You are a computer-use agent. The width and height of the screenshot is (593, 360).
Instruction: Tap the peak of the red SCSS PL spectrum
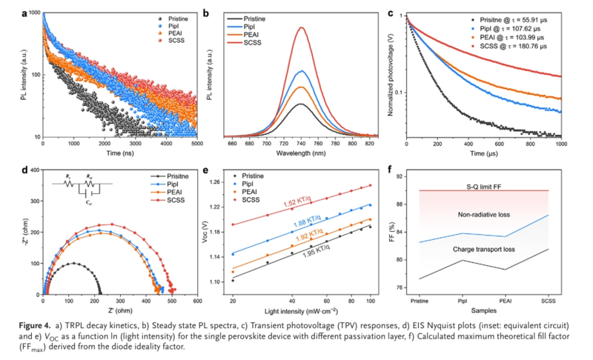tap(301, 27)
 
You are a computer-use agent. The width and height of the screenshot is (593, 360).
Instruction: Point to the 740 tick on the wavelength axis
tap(301, 142)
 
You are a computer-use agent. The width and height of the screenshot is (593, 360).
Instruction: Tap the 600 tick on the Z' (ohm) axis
tap(197, 301)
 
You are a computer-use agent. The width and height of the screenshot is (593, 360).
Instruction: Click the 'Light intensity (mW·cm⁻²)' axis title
tap(305, 312)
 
